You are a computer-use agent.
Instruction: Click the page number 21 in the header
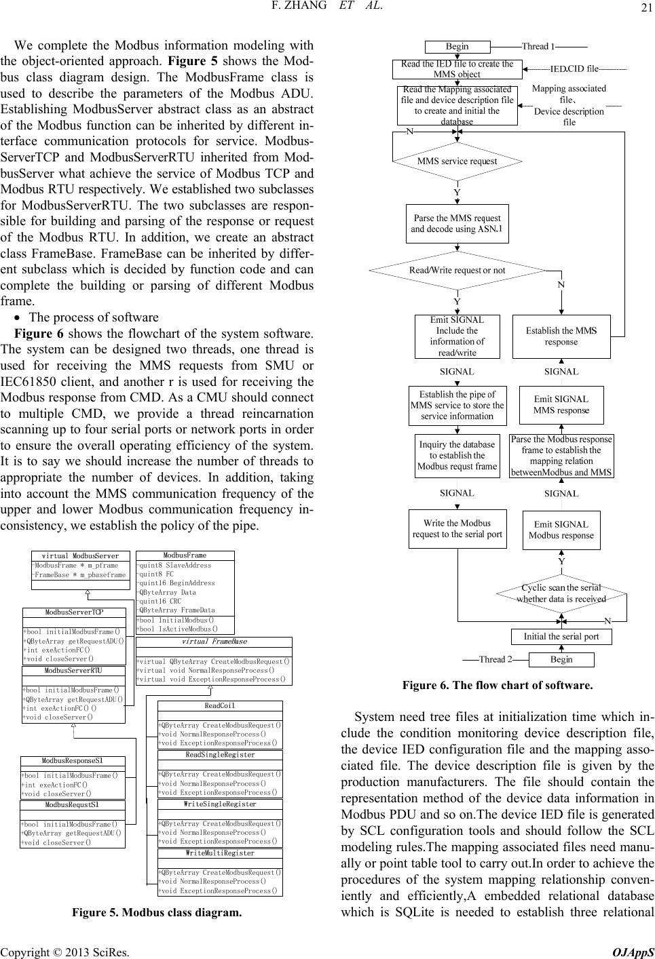[644, 8]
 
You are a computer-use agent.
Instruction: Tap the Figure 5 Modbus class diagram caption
[157, 912]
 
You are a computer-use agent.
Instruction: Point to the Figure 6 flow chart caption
[498, 685]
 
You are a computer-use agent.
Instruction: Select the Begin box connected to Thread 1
[457, 47]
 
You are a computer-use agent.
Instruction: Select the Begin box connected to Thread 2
[561, 659]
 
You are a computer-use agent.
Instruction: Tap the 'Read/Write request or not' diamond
[457, 270]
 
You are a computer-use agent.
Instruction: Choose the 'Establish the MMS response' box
[561, 336]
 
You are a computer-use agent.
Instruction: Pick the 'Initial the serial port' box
[561, 637]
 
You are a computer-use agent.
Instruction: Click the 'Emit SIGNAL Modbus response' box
[561, 530]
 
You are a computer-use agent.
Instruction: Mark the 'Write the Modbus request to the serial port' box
[457, 528]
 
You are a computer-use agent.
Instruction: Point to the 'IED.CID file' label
[574, 68]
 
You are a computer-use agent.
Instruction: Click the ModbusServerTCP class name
[74, 612]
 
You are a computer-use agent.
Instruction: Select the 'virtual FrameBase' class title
[214, 642]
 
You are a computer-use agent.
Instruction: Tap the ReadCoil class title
[219, 706]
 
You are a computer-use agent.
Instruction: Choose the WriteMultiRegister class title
[219, 853]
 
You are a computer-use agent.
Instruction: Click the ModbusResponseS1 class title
[73, 761]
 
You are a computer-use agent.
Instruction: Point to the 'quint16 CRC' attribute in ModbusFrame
[166, 601]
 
